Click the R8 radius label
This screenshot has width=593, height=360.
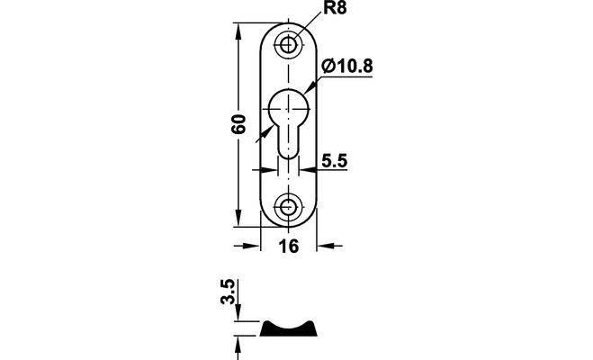[x=335, y=8]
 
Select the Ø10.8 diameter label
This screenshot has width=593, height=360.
[x=347, y=67]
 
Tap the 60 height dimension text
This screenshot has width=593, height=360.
[x=238, y=124]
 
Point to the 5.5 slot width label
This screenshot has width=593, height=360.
[x=335, y=161]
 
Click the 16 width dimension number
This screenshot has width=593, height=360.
[x=289, y=247]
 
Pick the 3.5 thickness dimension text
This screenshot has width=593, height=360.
[x=228, y=292]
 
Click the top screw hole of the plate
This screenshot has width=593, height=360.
[x=288, y=45]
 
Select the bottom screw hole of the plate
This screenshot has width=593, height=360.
[x=288, y=207]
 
